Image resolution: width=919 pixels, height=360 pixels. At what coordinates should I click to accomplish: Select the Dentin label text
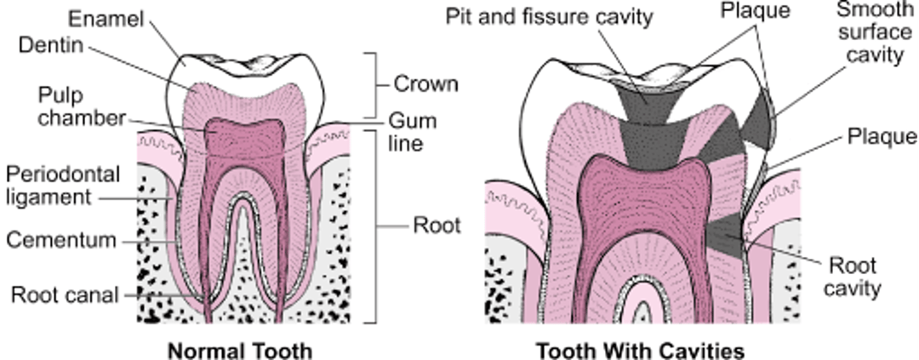tap(52, 44)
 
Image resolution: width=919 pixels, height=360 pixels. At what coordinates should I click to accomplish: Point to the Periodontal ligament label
tap(62, 186)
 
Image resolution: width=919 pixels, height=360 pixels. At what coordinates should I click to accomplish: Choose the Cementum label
tap(60, 241)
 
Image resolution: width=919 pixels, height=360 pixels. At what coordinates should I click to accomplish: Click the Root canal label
tap(64, 295)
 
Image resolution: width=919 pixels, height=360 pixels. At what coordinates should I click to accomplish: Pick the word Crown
tap(425, 84)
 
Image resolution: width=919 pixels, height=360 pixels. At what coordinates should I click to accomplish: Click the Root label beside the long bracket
tap(437, 226)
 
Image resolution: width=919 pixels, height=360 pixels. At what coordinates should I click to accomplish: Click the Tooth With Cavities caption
tap(640, 351)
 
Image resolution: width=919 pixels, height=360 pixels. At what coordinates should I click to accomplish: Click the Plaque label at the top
tap(756, 11)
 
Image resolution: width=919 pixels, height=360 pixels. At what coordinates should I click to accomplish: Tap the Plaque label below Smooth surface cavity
tap(882, 137)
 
